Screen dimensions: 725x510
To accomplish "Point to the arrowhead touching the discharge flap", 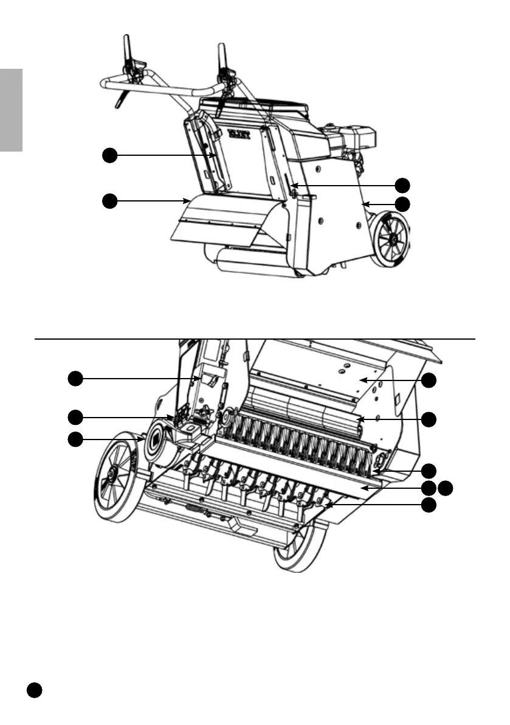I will point(186,200).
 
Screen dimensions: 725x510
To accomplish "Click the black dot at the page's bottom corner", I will point(34,690).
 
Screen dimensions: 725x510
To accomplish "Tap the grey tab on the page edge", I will point(11,110).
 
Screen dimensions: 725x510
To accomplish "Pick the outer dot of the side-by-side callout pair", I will point(447,487).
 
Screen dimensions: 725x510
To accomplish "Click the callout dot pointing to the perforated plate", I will point(429,380).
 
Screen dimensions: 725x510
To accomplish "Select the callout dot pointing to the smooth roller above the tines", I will point(429,419).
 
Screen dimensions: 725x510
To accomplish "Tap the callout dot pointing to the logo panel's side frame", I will point(109,156).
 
